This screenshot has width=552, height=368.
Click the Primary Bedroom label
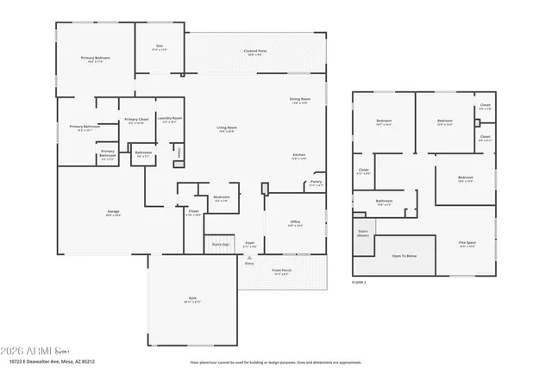[x=97, y=59]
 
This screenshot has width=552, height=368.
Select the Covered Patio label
[x=255, y=53]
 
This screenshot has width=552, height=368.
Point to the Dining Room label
[x=300, y=100]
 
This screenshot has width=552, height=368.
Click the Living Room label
[x=227, y=128]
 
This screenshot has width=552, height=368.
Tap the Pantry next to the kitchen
[x=315, y=183]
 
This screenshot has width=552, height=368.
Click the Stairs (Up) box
[x=220, y=245]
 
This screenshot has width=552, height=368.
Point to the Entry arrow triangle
[x=249, y=257]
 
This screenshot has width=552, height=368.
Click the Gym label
[x=192, y=299]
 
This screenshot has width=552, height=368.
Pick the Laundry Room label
[x=170, y=119]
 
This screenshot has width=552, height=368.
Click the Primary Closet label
[x=137, y=121]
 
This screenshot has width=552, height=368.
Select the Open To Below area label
[x=404, y=256]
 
